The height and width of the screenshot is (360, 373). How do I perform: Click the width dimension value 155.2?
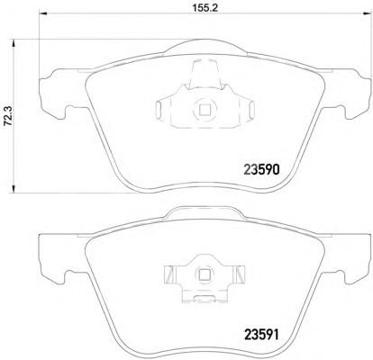204,7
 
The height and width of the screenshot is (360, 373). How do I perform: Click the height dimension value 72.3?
8,115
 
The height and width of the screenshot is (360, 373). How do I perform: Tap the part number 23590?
261,170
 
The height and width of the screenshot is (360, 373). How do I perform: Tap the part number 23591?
261,335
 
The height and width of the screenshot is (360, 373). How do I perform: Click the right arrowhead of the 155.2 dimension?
367,13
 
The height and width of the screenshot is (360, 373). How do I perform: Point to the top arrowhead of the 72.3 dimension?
14,43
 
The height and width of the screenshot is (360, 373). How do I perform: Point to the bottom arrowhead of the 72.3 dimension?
14,189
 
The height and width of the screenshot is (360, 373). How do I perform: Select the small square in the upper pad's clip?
205,110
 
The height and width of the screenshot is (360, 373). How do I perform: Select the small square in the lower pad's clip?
205,274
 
